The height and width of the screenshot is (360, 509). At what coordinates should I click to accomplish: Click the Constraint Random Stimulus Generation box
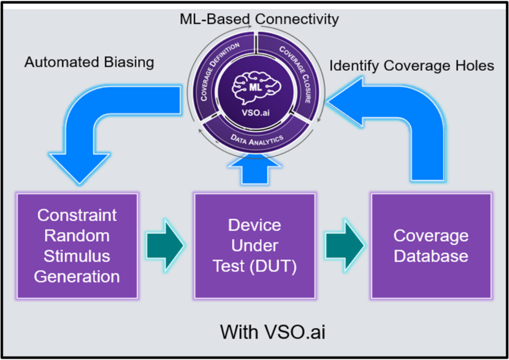[x=77, y=246]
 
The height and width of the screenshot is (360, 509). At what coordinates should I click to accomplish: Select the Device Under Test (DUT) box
[x=255, y=246]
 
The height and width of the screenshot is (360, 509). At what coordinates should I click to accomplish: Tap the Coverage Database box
[x=431, y=246]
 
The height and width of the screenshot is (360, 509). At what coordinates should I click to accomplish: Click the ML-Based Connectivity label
[x=256, y=19]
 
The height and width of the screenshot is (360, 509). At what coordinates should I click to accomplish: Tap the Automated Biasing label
[x=89, y=62]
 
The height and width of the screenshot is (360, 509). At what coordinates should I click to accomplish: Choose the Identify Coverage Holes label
[x=412, y=66]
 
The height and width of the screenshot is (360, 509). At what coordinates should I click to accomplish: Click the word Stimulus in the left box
[x=77, y=256]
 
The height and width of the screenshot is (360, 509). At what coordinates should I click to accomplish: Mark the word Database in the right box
[x=431, y=256]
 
